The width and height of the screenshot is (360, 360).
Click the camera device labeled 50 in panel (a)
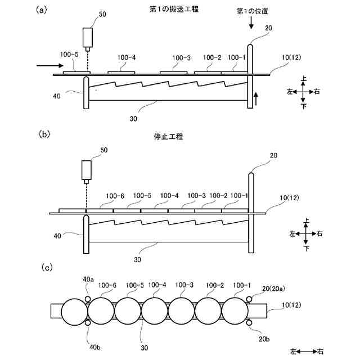tap(88, 38)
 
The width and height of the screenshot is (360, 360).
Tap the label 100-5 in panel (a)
tap(69, 55)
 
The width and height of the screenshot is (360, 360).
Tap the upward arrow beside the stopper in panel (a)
tap(257, 98)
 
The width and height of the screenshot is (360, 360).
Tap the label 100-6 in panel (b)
tap(115, 196)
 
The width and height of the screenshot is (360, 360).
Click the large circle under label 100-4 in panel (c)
tap(154, 311)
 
